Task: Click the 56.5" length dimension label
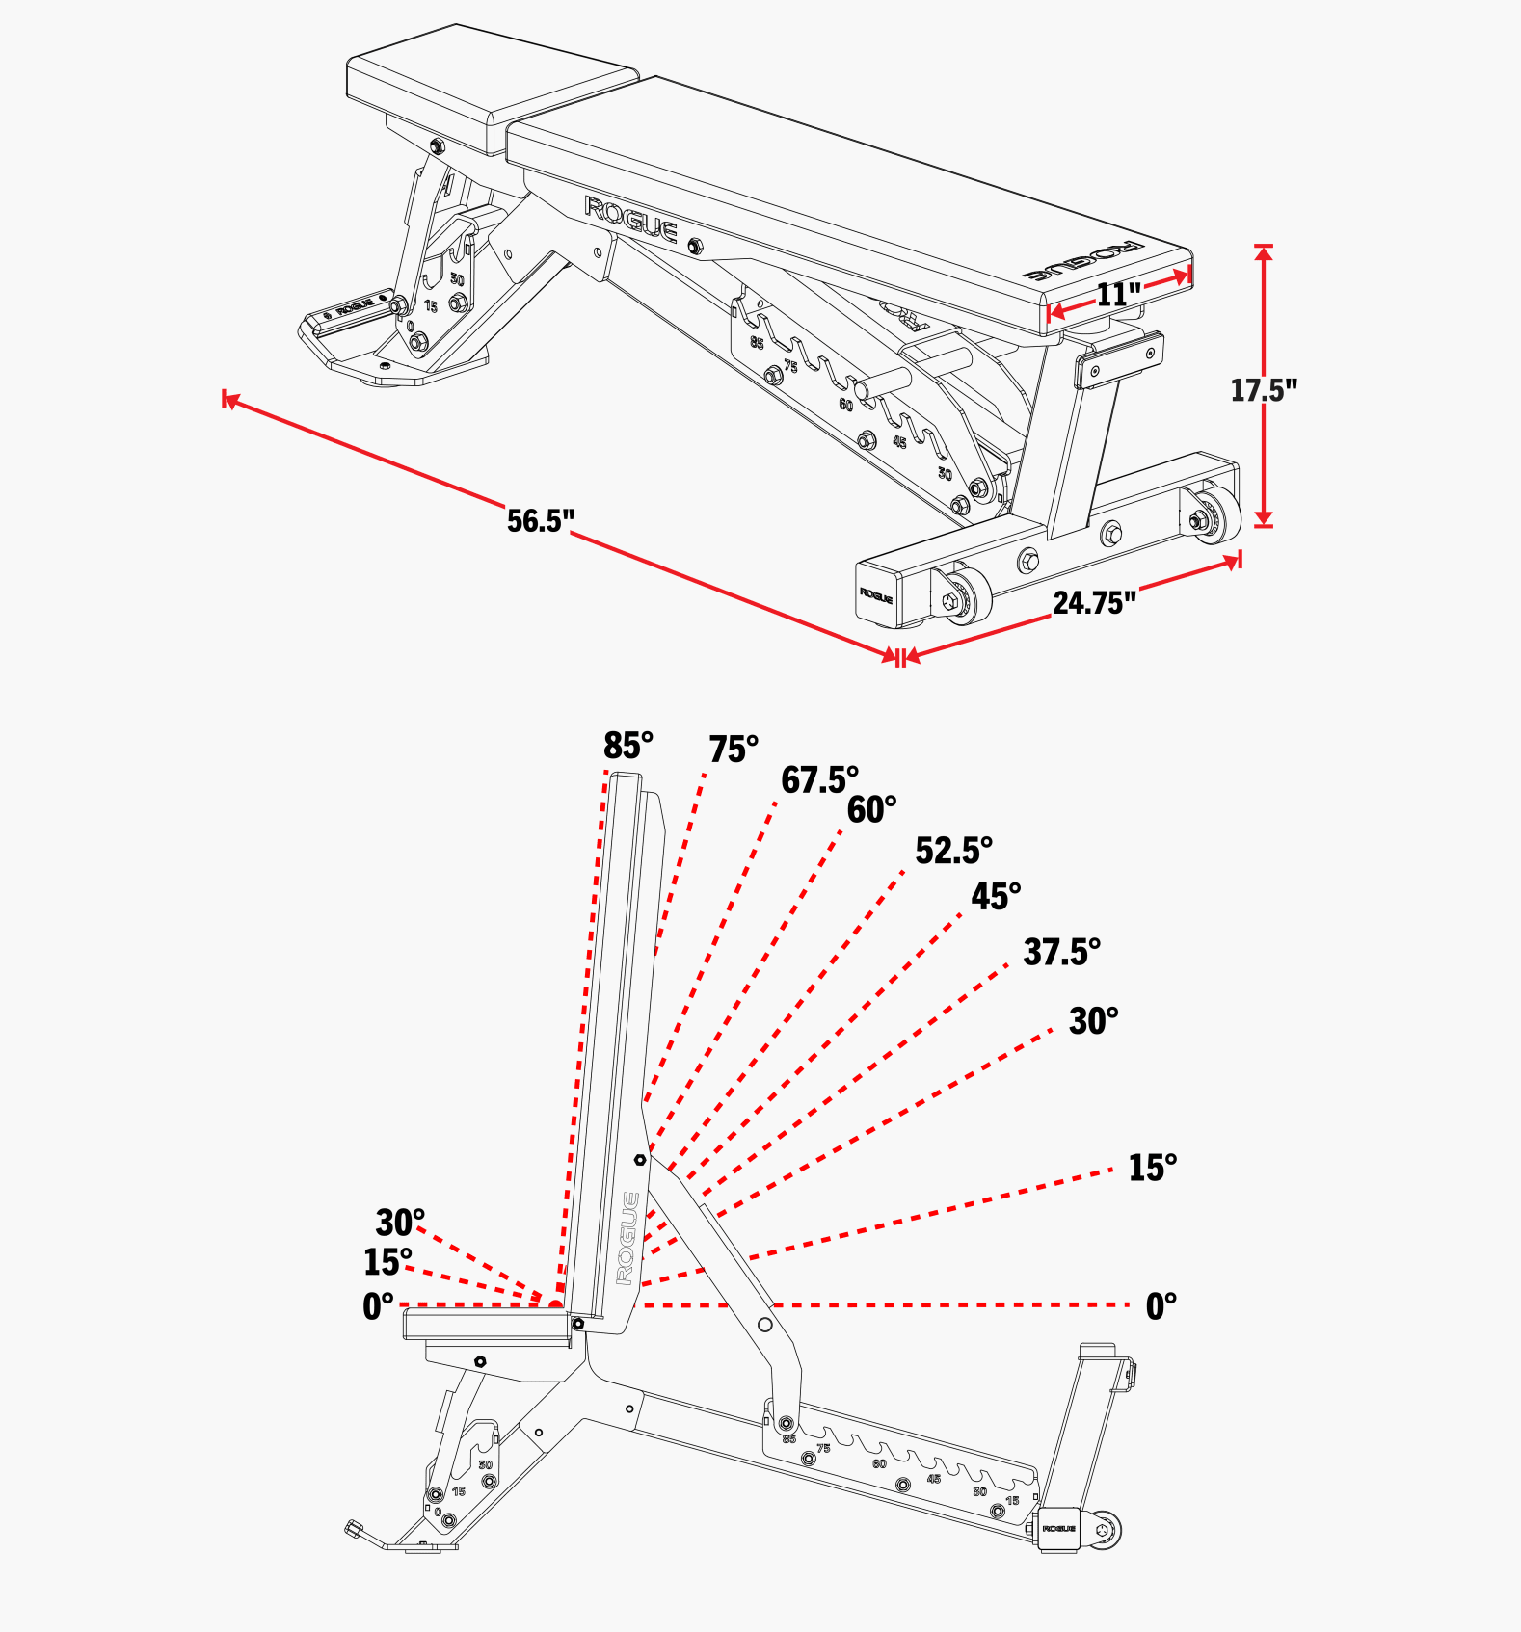[x=540, y=520]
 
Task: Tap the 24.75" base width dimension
[x=1094, y=603]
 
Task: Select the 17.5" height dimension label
[x=1263, y=390]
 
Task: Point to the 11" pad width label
[x=1118, y=294]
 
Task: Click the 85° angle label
[x=628, y=746]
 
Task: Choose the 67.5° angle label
[x=819, y=779]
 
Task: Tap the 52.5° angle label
[x=953, y=851]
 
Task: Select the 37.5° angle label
[x=1061, y=952]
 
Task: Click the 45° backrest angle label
[x=996, y=897]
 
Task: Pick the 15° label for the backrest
[x=1153, y=1168]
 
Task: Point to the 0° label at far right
[x=1161, y=1306]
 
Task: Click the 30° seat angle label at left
[x=400, y=1223]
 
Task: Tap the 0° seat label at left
[x=378, y=1306]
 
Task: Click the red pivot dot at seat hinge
[x=556, y=1305]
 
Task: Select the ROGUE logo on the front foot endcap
[x=876, y=595]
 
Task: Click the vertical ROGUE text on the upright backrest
[x=627, y=1238]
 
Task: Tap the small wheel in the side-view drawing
[x=1105, y=1529]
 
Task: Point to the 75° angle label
[x=734, y=750]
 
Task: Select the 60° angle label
[x=871, y=810]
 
